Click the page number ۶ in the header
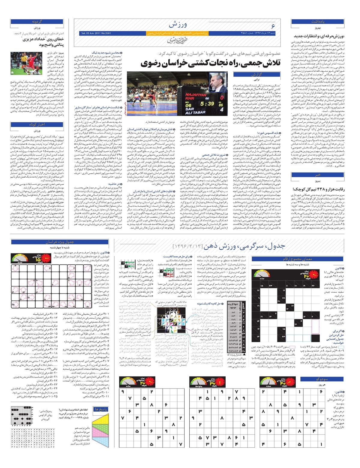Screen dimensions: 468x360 point(273,26)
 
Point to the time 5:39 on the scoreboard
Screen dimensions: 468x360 point(207,104)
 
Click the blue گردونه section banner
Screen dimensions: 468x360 point(37,22)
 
